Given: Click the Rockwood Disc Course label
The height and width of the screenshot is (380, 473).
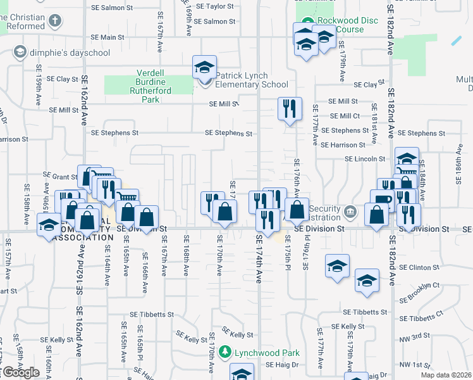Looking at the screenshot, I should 348,25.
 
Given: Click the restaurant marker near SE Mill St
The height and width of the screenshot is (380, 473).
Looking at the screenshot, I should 290,109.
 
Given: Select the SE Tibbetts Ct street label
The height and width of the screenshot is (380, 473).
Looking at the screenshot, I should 430,318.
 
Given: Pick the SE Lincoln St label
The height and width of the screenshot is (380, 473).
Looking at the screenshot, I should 365,159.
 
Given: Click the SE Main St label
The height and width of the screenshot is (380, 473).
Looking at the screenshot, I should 107,37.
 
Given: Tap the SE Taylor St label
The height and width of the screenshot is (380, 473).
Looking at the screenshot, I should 215,6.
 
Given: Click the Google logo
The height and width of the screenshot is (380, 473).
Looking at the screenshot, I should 21,372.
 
